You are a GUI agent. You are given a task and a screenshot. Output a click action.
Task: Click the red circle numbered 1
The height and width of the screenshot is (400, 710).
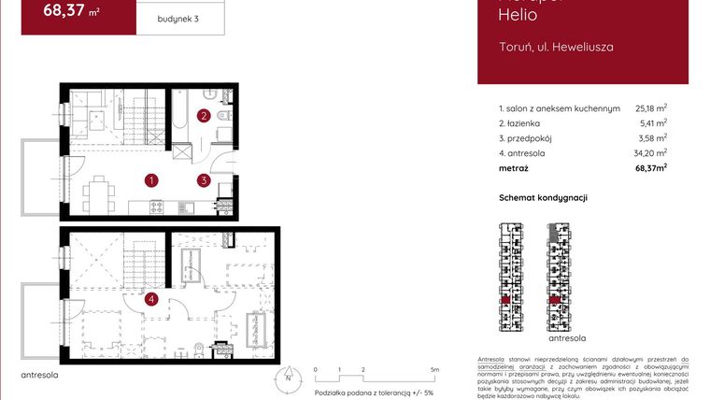pos(150,179)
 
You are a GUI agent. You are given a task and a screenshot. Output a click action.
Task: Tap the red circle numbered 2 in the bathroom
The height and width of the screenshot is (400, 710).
pos(203,116)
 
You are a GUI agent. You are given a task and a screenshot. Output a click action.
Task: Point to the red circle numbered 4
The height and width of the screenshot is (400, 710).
pos(151,299)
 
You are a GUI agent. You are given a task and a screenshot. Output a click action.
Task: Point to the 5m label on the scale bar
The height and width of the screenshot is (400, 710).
pos(435,370)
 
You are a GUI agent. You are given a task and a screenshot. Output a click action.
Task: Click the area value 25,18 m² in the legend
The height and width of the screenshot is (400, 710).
pos(650,108)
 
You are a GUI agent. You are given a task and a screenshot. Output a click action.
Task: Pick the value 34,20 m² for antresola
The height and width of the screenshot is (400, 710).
pos(650,153)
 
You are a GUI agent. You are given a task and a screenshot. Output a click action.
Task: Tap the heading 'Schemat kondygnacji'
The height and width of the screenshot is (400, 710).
pos(544,198)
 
